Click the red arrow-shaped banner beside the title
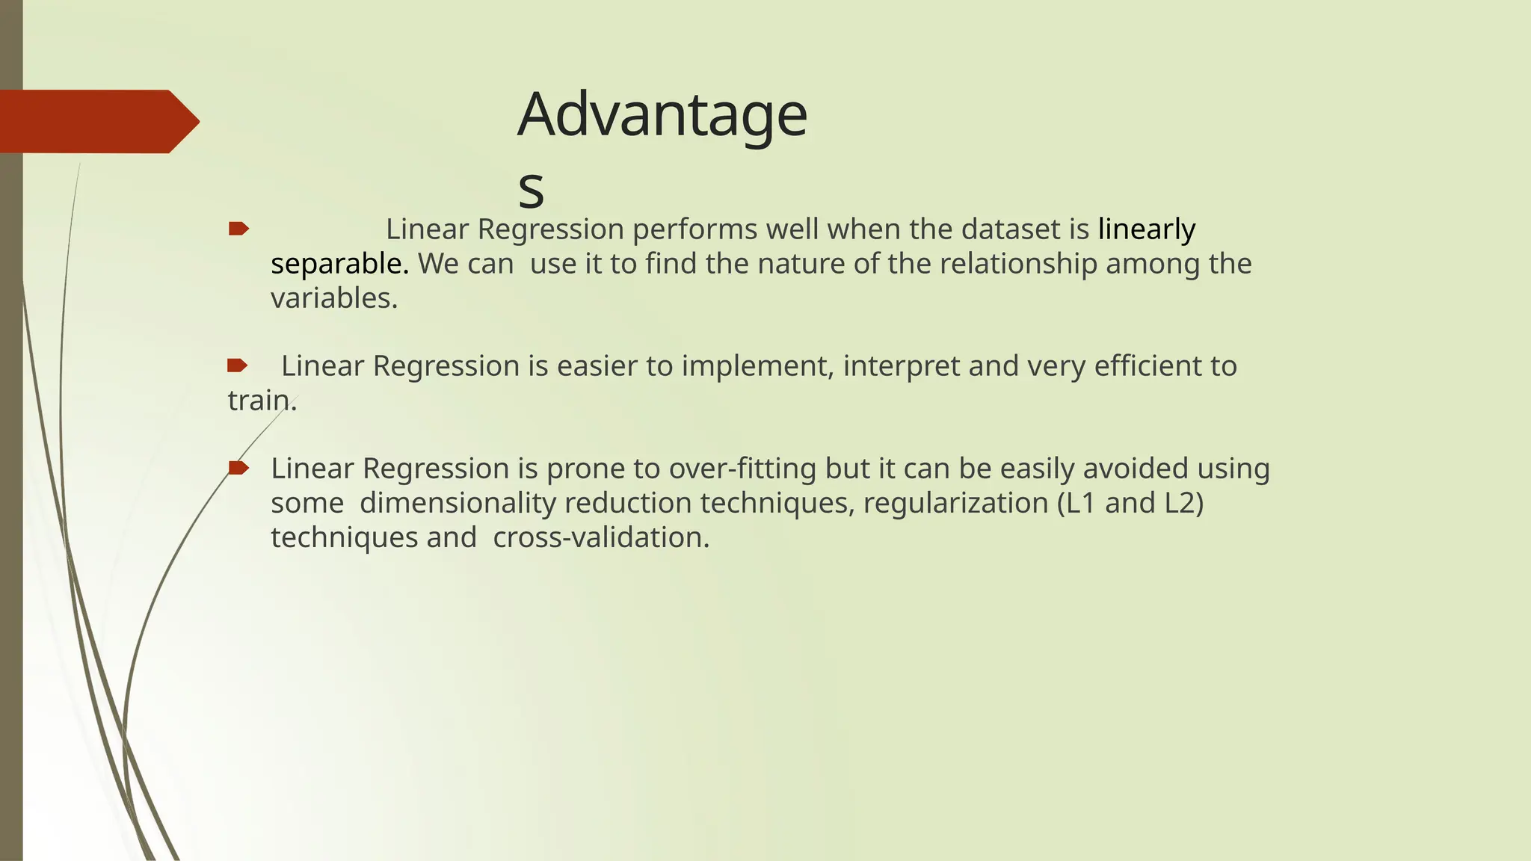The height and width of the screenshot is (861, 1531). (97, 121)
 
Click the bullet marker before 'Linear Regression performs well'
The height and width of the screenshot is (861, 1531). (238, 229)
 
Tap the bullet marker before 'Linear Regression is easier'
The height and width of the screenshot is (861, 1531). (237, 365)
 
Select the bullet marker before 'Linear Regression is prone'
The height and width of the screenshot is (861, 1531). (238, 468)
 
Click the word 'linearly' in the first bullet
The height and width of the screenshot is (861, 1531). (1146, 229)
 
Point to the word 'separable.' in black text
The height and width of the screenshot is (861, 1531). (339, 264)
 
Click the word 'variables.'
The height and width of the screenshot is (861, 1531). (334, 298)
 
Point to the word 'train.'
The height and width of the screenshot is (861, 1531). (262, 401)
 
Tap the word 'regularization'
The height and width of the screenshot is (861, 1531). (955, 503)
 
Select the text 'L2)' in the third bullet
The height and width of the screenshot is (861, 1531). (1184, 503)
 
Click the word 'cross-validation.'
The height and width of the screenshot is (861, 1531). (601, 537)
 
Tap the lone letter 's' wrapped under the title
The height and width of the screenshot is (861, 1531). (531, 189)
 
